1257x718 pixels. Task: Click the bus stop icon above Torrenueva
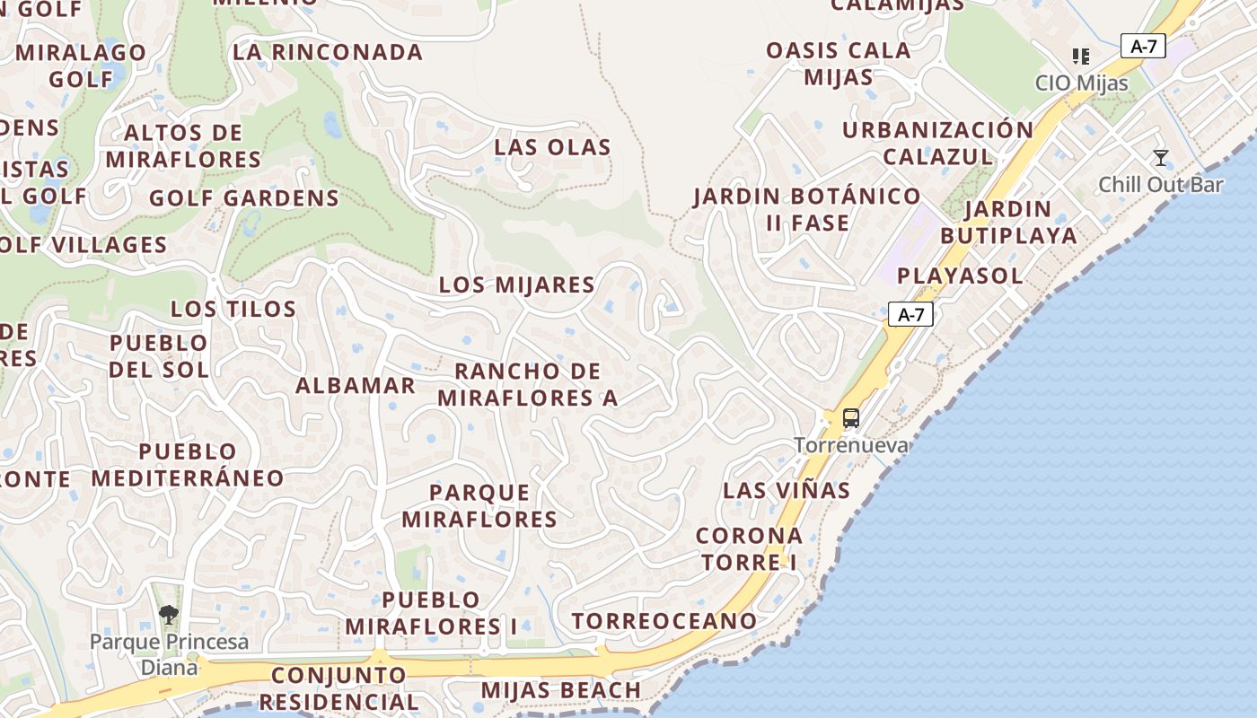[850, 418]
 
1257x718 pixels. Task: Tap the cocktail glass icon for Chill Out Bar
[1161, 159]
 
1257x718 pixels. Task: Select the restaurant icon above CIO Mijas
[1081, 57]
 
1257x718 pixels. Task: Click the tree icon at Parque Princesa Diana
[168, 615]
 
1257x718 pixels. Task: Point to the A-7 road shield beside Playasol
[910, 315]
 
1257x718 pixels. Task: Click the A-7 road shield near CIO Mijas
[1143, 47]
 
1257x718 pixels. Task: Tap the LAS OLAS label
[552, 147]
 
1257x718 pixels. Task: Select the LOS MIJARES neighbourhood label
[516, 285]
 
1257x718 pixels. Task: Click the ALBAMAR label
[356, 386]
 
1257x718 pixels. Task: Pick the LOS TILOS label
[233, 310]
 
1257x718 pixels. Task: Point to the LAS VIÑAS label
[787, 491]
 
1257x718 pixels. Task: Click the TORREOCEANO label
[664, 621]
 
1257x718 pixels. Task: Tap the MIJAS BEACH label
[561, 690]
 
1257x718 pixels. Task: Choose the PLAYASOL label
[960, 276]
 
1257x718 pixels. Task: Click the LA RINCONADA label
[328, 52]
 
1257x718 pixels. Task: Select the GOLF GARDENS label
[244, 198]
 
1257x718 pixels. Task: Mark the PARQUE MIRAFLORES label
[479, 505]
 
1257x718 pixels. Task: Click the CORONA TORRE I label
[750, 548]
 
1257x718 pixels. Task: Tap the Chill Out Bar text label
[1161, 185]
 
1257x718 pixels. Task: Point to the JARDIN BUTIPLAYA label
[1008, 223]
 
